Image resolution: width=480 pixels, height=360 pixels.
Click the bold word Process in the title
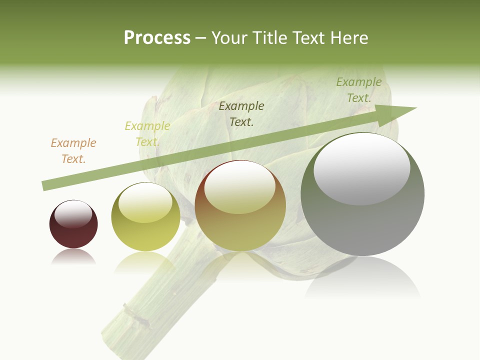tap(157, 38)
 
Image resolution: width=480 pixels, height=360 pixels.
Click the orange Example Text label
tap(73, 151)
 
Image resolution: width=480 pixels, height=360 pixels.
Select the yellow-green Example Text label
tap(147, 134)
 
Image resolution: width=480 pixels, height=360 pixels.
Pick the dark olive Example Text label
tap(241, 114)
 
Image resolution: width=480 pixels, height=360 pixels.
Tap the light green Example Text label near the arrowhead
tap(359, 90)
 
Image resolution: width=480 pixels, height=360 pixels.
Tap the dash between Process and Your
tap(201, 38)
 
